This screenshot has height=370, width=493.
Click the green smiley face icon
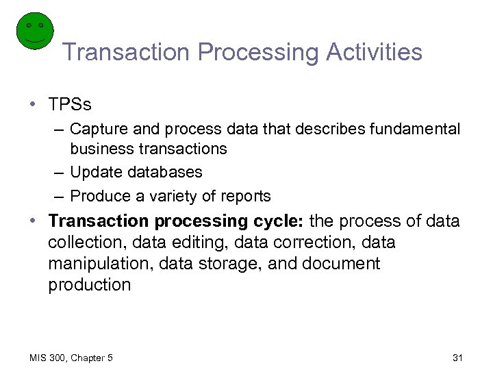[34, 30]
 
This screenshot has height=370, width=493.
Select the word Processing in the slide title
[244, 52]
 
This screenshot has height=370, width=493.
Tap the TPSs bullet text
[70, 105]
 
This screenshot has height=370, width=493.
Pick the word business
[101, 149]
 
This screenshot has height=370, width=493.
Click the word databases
[166, 172]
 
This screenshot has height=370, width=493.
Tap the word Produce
[99, 196]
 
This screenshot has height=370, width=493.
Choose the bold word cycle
[281, 221]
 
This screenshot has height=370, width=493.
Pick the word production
[89, 285]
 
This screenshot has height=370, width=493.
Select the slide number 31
[458, 358]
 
